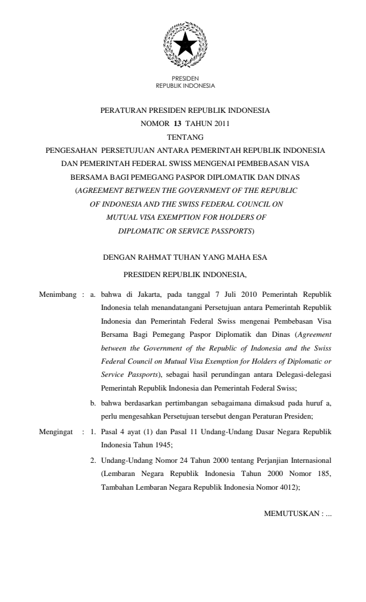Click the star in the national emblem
(185, 43)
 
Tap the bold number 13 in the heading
(177, 124)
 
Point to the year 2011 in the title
(220, 124)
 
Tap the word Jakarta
(144, 294)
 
